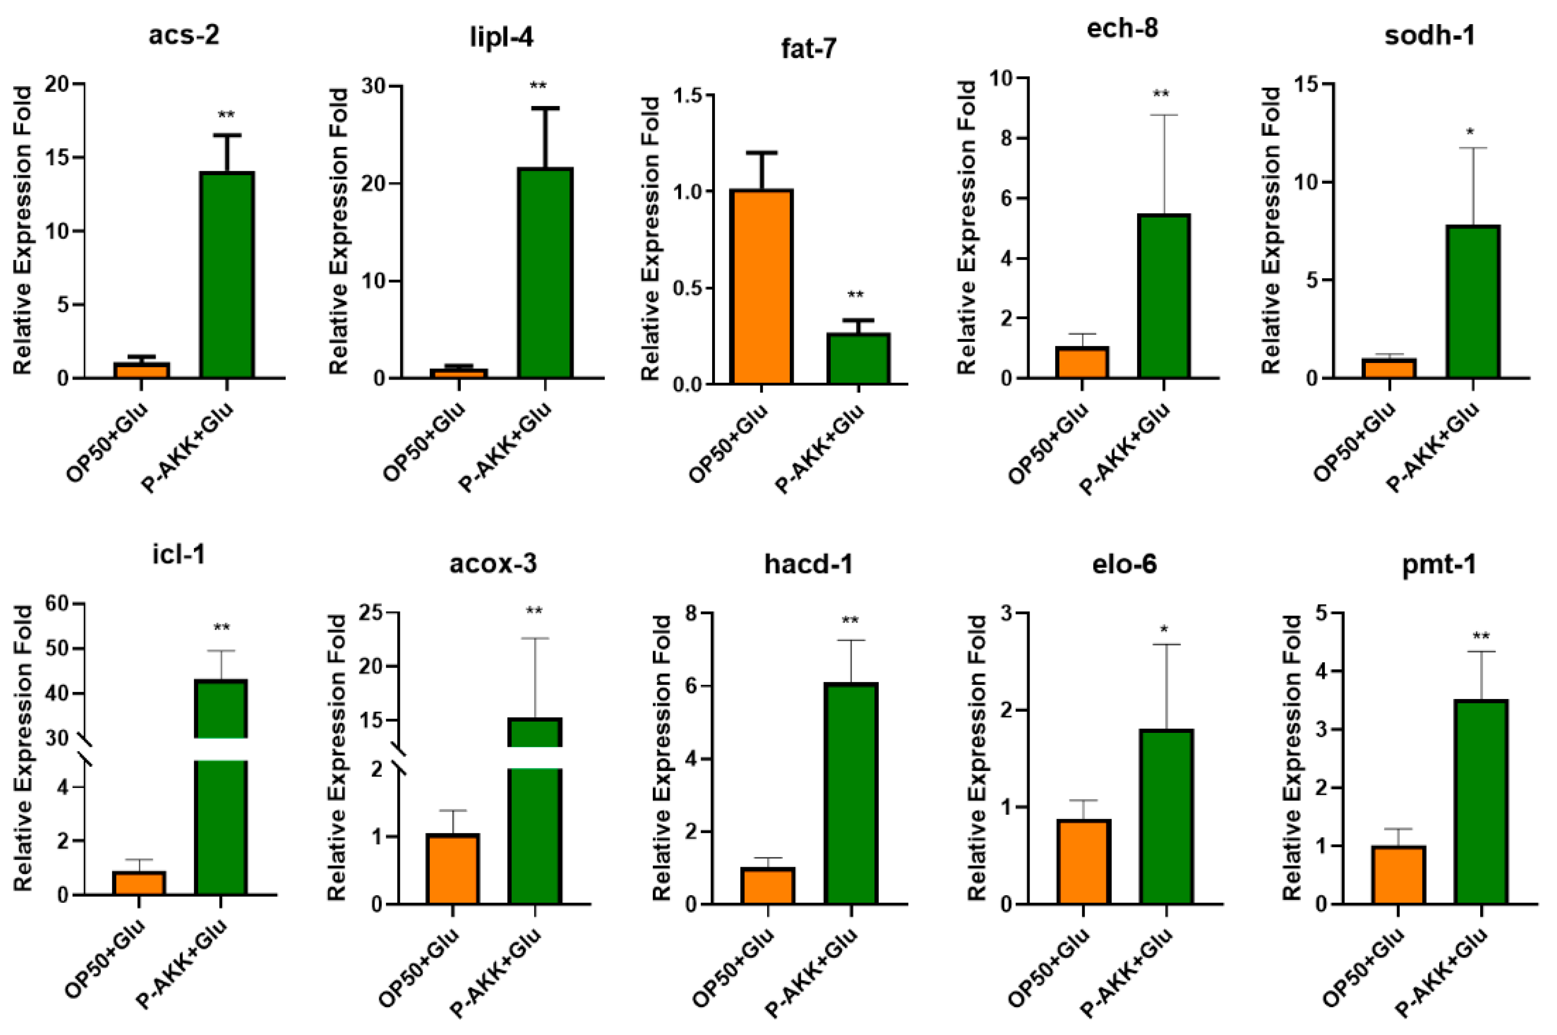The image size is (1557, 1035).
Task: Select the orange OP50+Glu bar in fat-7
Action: [761, 287]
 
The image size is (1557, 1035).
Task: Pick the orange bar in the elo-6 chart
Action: [1083, 861]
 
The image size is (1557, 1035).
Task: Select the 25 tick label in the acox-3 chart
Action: [373, 613]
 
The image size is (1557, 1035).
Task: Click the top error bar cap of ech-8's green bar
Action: [1164, 116]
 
